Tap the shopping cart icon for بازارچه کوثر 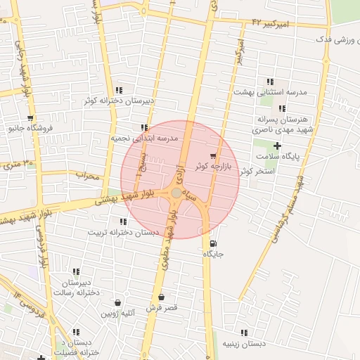click(213, 155)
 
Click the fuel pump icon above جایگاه click(213, 244)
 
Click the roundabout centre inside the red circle click(176, 193)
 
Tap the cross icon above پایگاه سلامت click(277, 146)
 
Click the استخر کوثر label click(256, 171)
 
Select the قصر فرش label click(162, 308)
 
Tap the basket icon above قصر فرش click(162, 297)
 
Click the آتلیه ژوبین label click(117, 314)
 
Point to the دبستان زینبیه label click(243, 343)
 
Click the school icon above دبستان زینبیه click(243, 333)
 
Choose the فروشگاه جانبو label click(30, 128)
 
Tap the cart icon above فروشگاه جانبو click(30, 118)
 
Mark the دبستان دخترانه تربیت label click(123, 232)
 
